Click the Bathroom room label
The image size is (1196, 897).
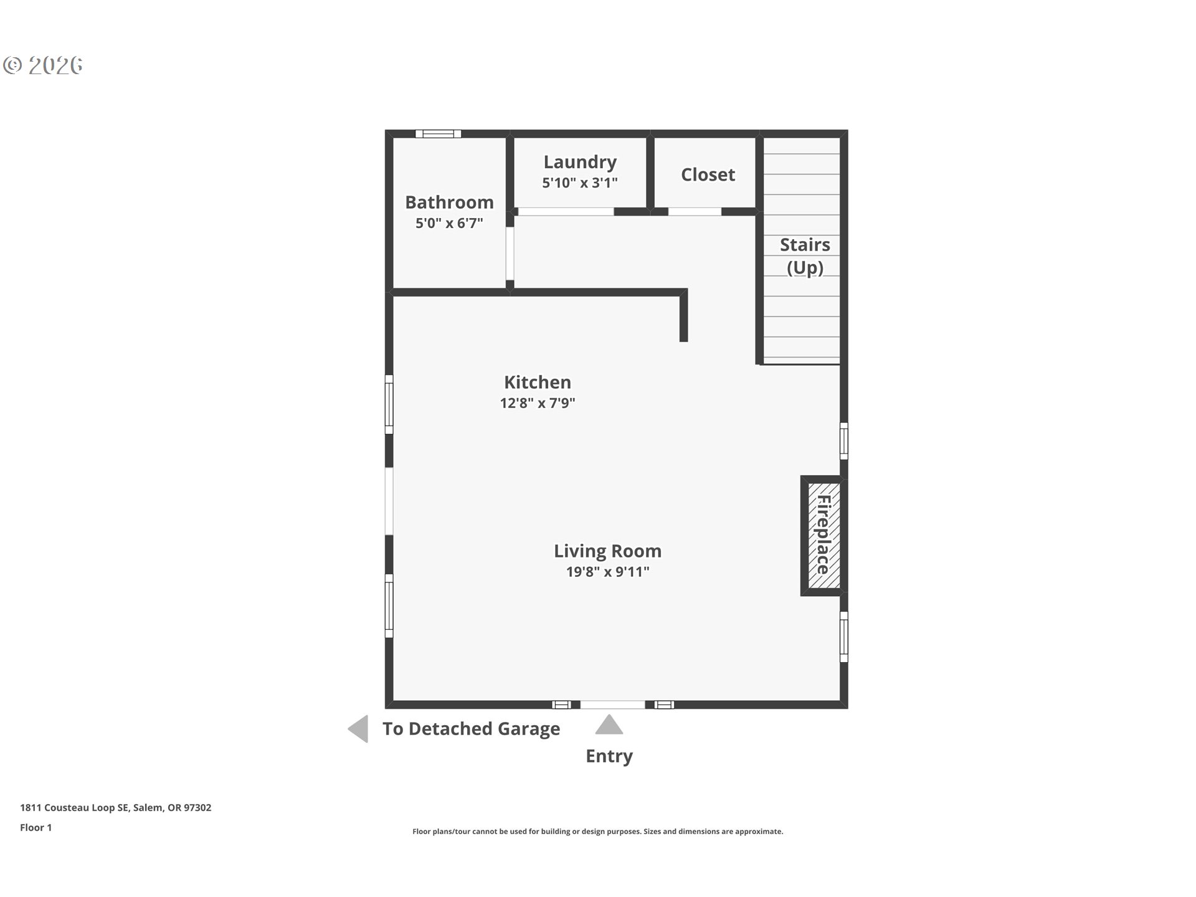(449, 202)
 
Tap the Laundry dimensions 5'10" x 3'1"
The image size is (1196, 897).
(579, 183)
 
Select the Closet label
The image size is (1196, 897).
(708, 175)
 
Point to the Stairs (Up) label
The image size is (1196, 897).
(805, 256)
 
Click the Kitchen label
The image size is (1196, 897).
(537, 382)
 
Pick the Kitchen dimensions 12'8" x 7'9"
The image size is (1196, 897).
(537, 403)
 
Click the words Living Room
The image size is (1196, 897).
(607, 551)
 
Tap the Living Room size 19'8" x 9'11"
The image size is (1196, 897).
(607, 572)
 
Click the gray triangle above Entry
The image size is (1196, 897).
(609, 726)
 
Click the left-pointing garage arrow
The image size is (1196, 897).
(359, 729)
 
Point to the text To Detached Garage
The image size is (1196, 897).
(471, 729)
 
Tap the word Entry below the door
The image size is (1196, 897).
(609, 756)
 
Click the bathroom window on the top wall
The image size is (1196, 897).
(438, 134)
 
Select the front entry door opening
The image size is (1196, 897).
(612, 705)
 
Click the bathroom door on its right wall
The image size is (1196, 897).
(510, 254)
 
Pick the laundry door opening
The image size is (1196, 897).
(566, 212)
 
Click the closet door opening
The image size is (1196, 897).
(695, 212)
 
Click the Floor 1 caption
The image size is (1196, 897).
(36, 828)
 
